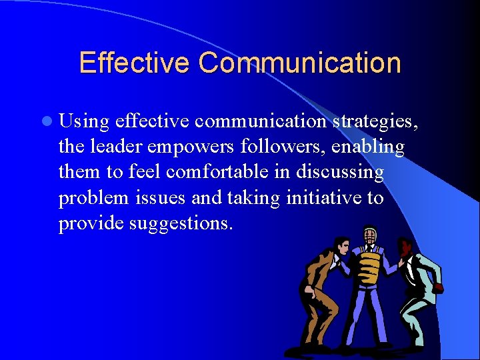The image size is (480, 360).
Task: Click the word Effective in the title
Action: point(135,63)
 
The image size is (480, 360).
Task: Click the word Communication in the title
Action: point(299,63)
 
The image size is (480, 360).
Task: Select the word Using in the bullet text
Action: point(84,123)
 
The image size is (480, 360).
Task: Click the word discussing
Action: point(341,172)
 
